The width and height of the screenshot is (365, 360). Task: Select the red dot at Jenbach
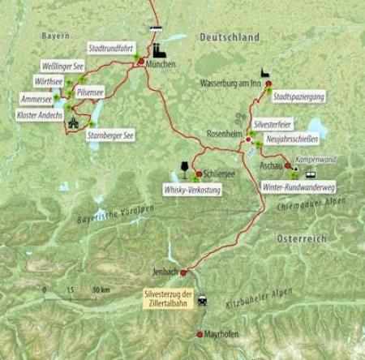(183, 272)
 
